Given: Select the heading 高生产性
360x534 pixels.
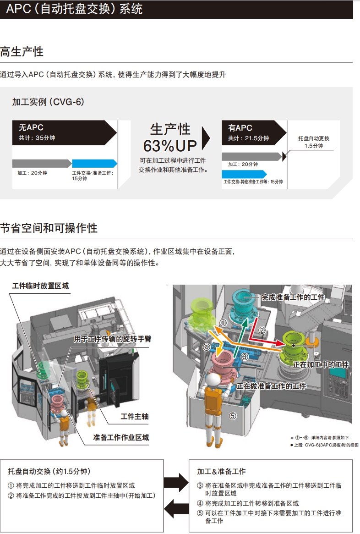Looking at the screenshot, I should pos(22,52).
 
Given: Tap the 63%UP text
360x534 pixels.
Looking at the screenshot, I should pos(170,146).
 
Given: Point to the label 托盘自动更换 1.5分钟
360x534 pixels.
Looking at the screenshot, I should pos(314,142).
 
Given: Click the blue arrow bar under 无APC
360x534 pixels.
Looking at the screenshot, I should pos(94,164).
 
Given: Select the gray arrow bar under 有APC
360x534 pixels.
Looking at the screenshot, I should pos(251,156).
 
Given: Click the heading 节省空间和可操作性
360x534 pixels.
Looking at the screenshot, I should pos(49,228).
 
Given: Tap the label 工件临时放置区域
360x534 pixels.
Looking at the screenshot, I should pos(40,286).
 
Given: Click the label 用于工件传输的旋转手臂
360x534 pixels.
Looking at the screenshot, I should pos(113,339).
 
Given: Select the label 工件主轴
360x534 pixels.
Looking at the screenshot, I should pos(135,416).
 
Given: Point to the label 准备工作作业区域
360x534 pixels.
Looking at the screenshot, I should pos(121,437).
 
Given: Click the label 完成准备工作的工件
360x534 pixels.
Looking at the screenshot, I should pos(293,297).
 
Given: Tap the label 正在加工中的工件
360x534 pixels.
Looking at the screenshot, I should pos(321,365).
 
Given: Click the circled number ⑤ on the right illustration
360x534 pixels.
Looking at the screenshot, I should pos(233,416).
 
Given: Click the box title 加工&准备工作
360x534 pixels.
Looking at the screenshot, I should pos(221,471).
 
